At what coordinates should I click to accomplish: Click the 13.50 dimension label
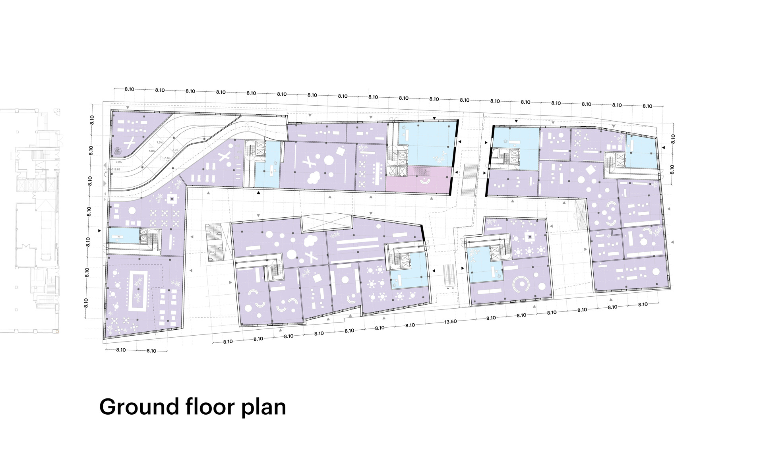(x=450, y=322)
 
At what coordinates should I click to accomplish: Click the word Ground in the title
(x=138, y=407)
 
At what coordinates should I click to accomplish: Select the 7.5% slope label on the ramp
(x=159, y=142)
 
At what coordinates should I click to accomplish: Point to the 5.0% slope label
(x=152, y=151)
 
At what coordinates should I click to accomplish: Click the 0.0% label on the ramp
(x=119, y=162)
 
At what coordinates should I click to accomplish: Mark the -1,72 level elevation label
(x=175, y=150)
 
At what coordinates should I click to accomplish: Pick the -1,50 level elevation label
(x=167, y=158)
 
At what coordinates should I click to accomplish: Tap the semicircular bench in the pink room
(x=425, y=182)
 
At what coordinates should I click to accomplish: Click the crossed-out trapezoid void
(x=326, y=222)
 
